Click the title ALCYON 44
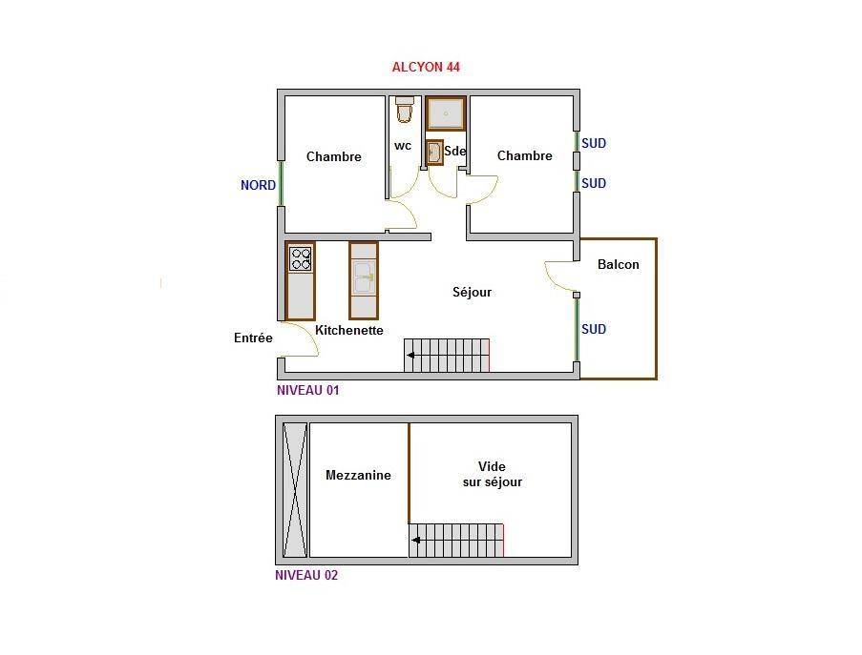(x=426, y=67)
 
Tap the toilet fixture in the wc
(x=405, y=110)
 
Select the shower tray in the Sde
(x=446, y=113)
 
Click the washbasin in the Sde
(x=435, y=153)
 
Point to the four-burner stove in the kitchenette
(x=301, y=259)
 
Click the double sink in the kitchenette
(x=364, y=277)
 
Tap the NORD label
(x=258, y=186)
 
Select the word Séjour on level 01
(x=472, y=292)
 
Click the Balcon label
(x=619, y=265)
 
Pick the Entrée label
(x=253, y=338)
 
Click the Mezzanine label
(x=358, y=476)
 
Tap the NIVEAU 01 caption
(x=307, y=390)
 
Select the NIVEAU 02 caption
(x=306, y=576)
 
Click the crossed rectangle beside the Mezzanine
(x=295, y=490)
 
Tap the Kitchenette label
(x=349, y=331)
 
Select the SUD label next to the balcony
(x=594, y=330)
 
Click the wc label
(x=403, y=146)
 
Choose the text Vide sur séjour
(x=492, y=475)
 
